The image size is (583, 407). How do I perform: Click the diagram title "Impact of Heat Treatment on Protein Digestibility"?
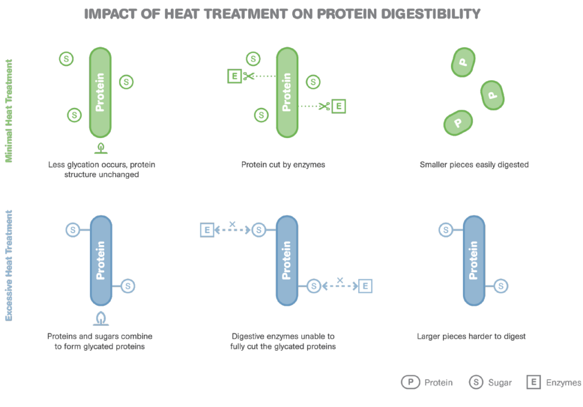pyautogui.click(x=282, y=14)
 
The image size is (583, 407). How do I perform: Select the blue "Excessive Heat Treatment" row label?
pyautogui.click(x=9, y=265)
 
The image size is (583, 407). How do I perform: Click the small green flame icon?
pyautogui.click(x=101, y=148)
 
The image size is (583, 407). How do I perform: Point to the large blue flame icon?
pyautogui.click(x=101, y=318)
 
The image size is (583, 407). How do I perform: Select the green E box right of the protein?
pyautogui.click(x=338, y=106)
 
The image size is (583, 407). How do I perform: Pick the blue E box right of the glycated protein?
pyautogui.click(x=365, y=286)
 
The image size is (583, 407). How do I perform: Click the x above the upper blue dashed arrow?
pyautogui.click(x=232, y=224)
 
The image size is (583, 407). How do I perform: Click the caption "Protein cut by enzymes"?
pyautogui.click(x=283, y=165)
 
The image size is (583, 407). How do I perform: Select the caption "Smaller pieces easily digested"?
pyautogui.click(x=474, y=165)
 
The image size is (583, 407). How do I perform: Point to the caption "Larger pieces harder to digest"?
pyautogui.click(x=471, y=336)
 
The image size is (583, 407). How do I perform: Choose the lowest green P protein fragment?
pyautogui.click(x=458, y=122)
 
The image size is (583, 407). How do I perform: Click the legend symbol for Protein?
pyautogui.click(x=410, y=383)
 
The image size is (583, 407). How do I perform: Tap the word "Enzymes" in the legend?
pyautogui.click(x=564, y=383)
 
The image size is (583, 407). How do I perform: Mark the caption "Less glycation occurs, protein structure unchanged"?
pyautogui.click(x=102, y=169)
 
